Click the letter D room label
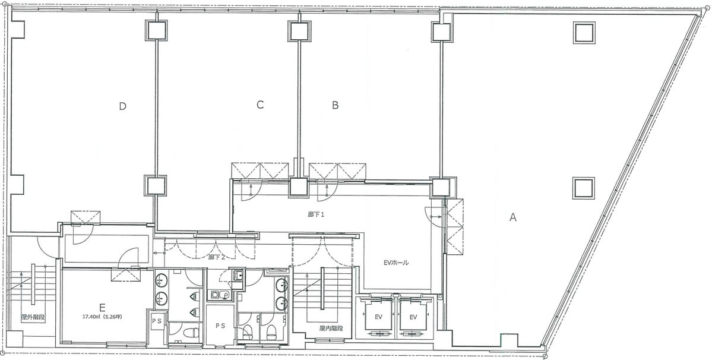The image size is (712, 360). (x=122, y=107)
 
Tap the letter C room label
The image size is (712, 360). (x=260, y=105)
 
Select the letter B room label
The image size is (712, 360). (x=335, y=105)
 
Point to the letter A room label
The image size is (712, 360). (x=512, y=217)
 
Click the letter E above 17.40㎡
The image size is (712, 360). (x=103, y=306)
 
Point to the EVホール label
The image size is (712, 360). (x=396, y=263)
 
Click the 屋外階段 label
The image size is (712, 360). (x=33, y=317)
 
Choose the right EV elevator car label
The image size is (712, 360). (x=413, y=317)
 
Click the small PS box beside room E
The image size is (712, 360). (x=157, y=321)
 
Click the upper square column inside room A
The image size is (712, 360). (x=584, y=33)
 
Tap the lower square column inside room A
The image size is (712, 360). (x=584, y=188)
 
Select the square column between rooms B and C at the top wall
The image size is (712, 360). (x=298, y=31)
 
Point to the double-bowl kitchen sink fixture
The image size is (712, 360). (x=220, y=295)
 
